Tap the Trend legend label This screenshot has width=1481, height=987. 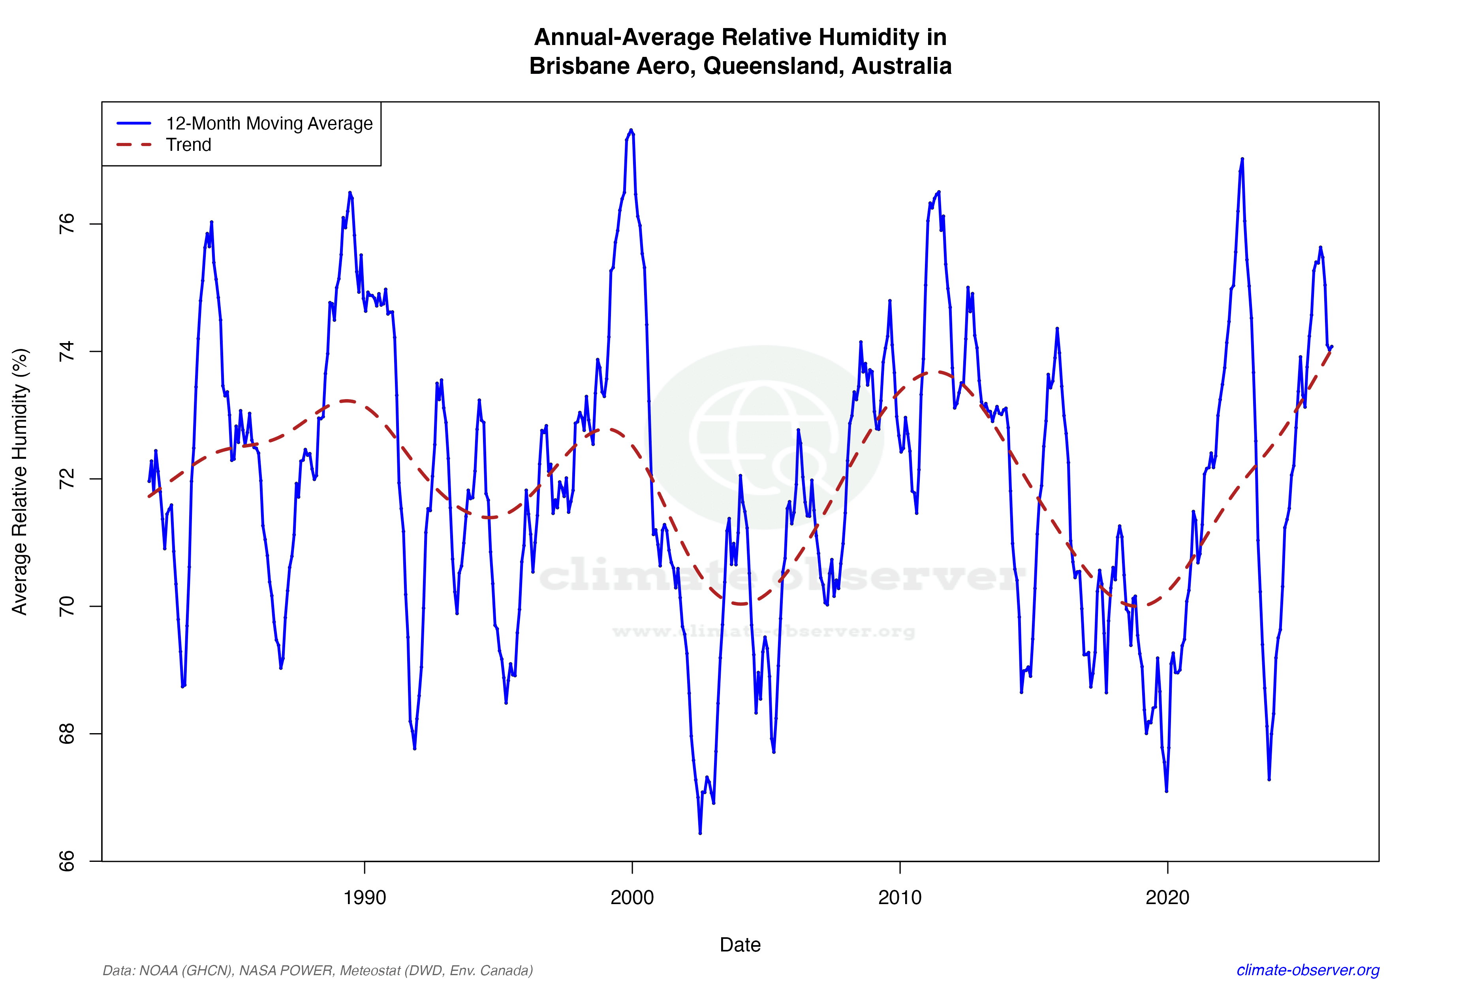(x=188, y=145)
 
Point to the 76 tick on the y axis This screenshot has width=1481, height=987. (x=66, y=224)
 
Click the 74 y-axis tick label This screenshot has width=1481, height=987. (x=66, y=351)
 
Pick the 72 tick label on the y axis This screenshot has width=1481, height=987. (x=66, y=479)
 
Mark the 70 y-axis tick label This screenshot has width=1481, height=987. (x=66, y=606)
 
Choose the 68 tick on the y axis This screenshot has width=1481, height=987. (x=66, y=734)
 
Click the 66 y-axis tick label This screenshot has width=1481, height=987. (x=66, y=861)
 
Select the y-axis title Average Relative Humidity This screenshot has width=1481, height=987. (x=20, y=482)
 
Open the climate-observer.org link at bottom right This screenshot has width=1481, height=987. (x=1308, y=970)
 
